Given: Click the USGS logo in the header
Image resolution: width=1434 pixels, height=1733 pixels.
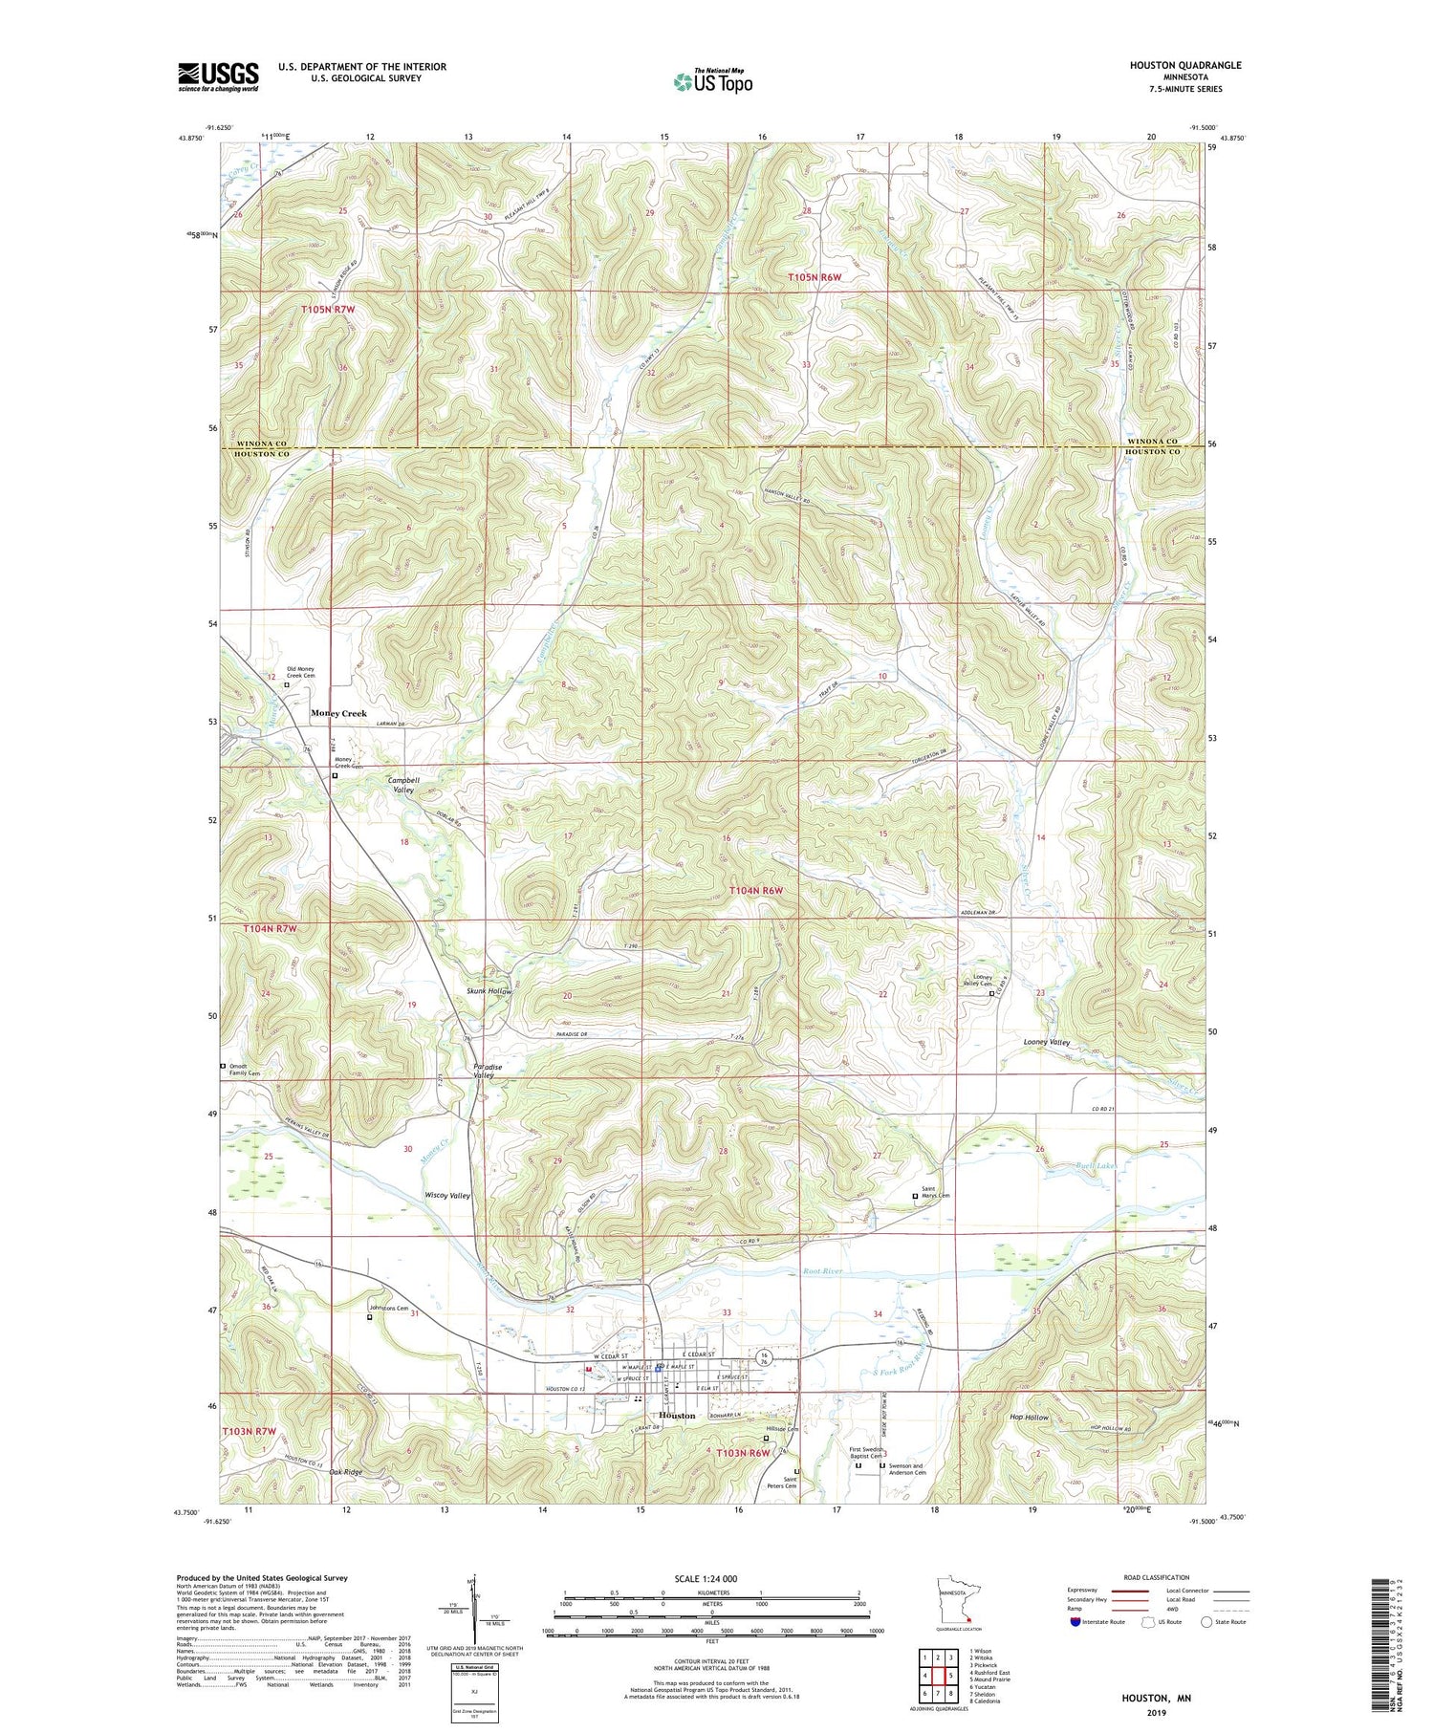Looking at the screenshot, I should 218,76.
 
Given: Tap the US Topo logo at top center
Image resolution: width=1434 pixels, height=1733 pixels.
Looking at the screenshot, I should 712,82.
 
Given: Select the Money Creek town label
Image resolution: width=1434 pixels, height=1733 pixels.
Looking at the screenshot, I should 338,713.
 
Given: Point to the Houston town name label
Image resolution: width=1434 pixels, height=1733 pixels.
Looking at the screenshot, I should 677,1416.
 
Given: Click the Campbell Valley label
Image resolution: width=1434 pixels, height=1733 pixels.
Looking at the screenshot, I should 403,785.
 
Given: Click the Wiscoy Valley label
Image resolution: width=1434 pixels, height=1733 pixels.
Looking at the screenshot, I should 446,1196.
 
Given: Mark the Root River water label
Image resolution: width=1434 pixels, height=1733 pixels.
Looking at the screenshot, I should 822,1272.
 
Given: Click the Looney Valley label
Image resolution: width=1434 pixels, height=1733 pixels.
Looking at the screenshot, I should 1047,1042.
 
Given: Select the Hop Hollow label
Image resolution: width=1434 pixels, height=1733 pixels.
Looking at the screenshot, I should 1029,1418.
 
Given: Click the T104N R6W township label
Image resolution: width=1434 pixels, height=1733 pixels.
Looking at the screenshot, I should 756,890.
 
